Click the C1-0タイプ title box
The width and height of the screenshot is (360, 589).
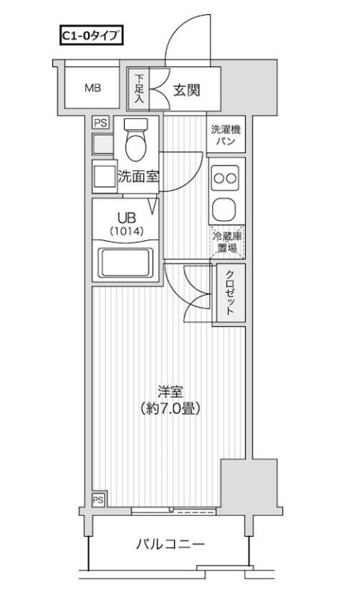click(x=90, y=34)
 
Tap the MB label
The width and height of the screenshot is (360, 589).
click(x=92, y=88)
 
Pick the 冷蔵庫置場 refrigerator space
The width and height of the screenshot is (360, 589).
click(x=227, y=240)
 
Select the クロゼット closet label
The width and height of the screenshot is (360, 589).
click(x=229, y=293)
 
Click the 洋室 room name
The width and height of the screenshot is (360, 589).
click(x=170, y=390)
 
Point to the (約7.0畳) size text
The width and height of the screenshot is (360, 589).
click(x=170, y=409)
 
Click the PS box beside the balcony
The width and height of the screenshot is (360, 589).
click(x=98, y=499)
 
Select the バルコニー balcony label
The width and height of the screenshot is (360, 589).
click(x=170, y=545)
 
